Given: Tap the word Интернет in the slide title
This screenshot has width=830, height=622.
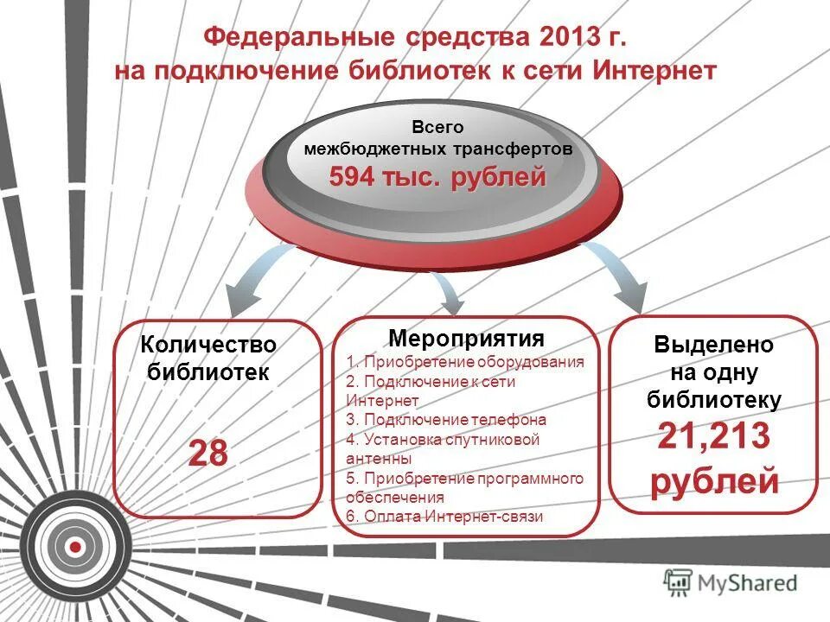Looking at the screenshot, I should tap(655, 71).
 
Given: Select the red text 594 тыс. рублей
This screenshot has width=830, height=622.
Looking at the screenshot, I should tap(437, 178).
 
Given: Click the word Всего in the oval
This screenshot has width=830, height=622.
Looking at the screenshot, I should tap(437, 127).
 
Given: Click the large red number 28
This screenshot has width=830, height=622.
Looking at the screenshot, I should tap(208, 454).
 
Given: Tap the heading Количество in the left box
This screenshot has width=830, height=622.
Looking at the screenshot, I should tap(208, 345).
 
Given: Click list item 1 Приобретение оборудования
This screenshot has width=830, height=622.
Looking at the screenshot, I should tap(465, 362).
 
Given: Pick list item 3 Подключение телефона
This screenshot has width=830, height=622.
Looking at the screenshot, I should tap(446, 420).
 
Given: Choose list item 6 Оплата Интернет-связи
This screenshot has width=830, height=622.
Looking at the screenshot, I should tap(444, 517).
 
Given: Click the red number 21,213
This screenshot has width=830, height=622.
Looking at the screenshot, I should tap(713, 437).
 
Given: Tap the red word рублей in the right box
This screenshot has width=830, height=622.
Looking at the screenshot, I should tap(714, 481).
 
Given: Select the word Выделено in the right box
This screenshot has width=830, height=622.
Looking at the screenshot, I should tap(714, 344).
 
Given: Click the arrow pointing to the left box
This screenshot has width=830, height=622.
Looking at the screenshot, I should tap(246, 285).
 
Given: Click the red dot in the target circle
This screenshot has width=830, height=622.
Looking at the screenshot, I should tap(75, 546).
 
